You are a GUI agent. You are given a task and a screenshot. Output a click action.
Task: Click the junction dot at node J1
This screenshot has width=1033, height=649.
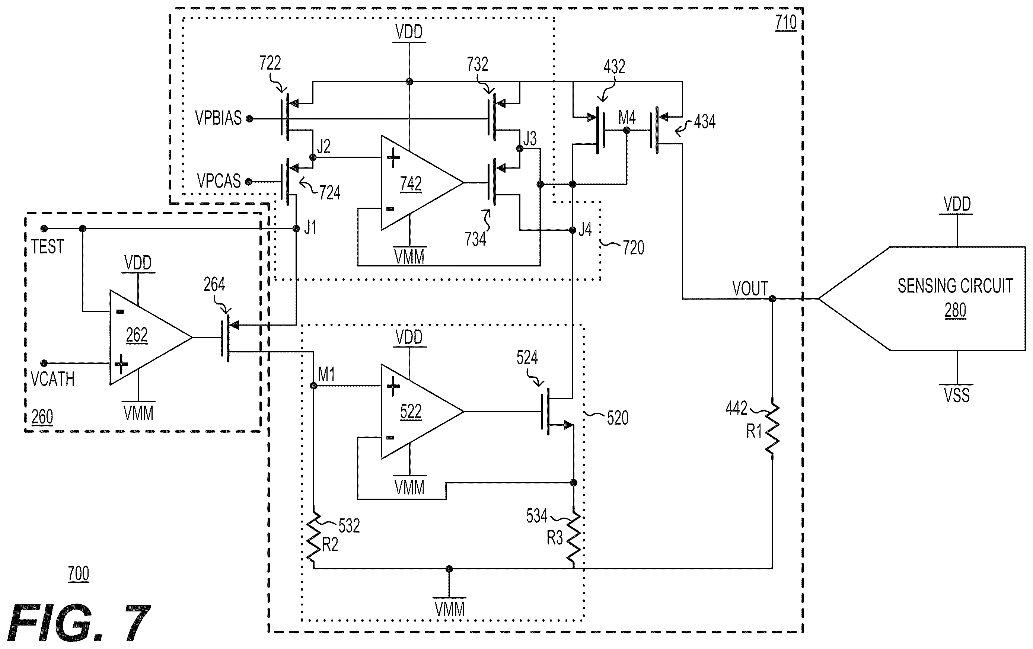(296, 228)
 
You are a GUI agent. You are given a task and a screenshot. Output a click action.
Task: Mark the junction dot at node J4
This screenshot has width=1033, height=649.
(572, 230)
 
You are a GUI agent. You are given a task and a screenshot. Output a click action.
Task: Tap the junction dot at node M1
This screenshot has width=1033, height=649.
(313, 386)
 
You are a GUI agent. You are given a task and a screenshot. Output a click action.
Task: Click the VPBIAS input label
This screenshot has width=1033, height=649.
(219, 118)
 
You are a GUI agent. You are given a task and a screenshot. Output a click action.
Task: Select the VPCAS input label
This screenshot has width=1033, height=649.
(219, 181)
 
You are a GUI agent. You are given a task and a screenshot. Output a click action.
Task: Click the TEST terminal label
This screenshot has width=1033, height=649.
(47, 247)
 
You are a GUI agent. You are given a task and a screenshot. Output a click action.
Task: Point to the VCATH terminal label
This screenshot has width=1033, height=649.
(53, 379)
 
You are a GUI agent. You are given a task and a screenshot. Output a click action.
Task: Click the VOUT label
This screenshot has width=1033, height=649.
(750, 289)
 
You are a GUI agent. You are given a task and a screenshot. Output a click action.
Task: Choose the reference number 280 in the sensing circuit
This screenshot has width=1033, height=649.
(955, 310)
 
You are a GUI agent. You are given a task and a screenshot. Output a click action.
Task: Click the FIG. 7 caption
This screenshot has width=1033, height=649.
(79, 623)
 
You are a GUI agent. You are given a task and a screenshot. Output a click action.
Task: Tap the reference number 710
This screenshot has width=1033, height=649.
(786, 23)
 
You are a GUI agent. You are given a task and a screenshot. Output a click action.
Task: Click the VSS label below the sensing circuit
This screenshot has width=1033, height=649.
(957, 394)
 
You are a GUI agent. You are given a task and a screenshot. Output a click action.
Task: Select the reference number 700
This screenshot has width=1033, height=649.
(79, 573)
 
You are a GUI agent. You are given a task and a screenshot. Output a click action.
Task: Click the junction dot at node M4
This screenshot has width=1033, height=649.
(627, 130)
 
